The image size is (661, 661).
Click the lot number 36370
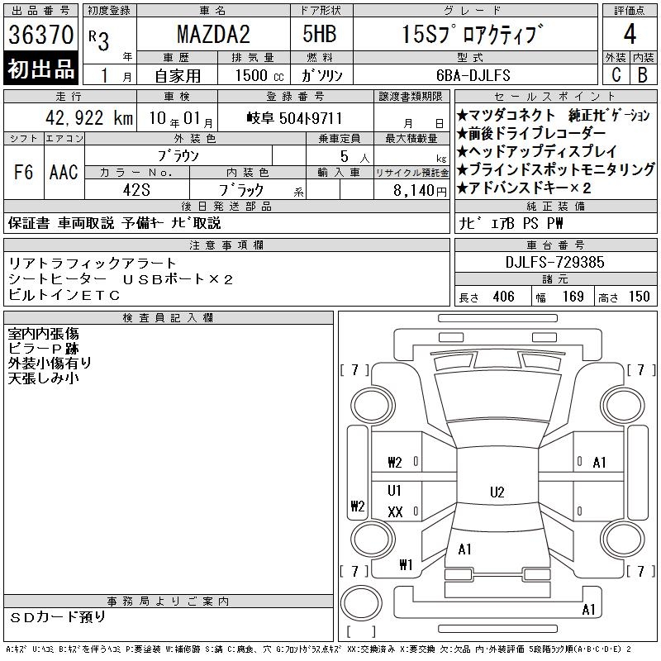(40, 34)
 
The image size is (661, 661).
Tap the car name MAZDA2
(213, 34)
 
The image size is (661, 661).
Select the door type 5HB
(320, 34)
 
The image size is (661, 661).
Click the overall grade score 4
(630, 34)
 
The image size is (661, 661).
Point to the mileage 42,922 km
(89, 117)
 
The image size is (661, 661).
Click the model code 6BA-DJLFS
(473, 75)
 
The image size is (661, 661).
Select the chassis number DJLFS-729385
(554, 262)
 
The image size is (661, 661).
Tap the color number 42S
(136, 190)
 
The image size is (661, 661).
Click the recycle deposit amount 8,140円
(420, 191)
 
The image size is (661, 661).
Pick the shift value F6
(24, 172)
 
